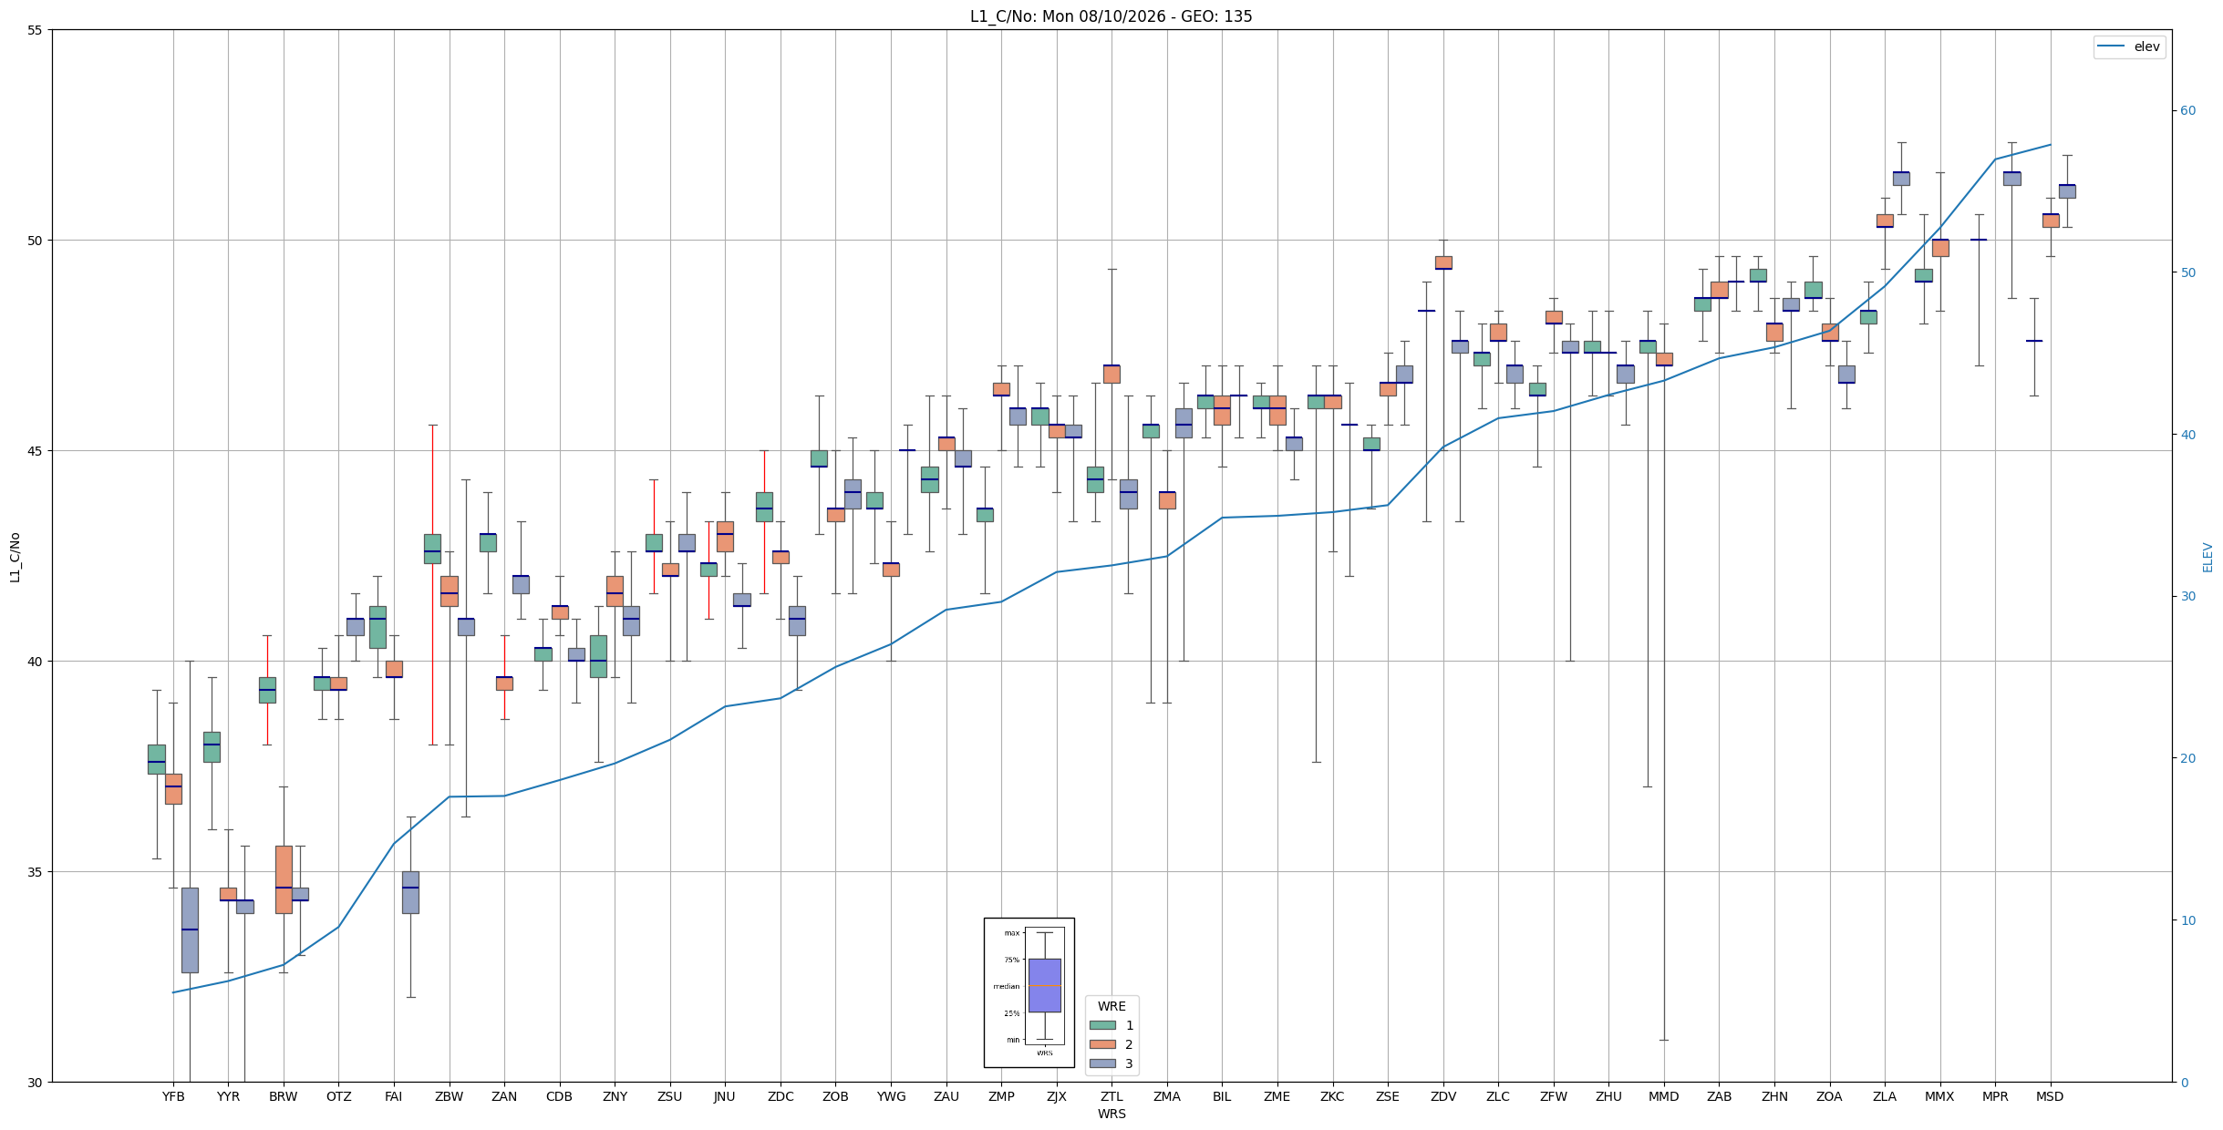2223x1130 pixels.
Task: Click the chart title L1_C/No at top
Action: click(1111, 16)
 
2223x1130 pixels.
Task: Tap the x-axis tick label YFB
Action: click(173, 1096)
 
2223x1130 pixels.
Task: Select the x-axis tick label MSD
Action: click(2050, 1096)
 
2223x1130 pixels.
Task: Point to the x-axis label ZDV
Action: click(1443, 1096)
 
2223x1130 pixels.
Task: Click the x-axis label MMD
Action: click(1664, 1096)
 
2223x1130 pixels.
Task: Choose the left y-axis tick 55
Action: click(36, 30)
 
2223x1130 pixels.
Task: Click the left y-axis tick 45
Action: click(36, 451)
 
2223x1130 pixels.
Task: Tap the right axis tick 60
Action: click(2187, 111)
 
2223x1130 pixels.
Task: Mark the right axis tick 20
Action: click(2187, 758)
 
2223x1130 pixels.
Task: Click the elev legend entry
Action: click(2129, 46)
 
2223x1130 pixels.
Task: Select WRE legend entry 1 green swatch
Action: click(1102, 1025)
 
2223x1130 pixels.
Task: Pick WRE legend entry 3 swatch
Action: click(1102, 1063)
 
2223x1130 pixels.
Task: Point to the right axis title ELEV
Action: click(2207, 558)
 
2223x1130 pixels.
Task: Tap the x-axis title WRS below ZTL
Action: click(1111, 1114)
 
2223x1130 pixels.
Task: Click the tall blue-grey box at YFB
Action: click(190, 930)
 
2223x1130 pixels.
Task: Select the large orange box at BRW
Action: click(284, 879)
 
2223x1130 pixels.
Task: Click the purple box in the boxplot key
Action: click(1045, 985)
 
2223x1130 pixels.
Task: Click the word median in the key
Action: click(1007, 986)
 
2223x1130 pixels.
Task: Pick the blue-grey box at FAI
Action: click(410, 892)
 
